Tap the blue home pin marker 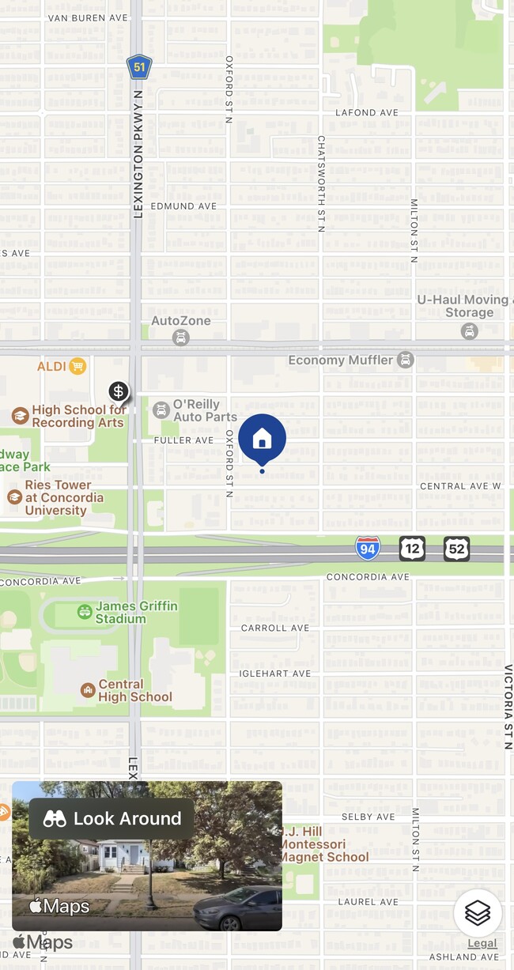(x=262, y=438)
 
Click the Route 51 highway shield (x=139, y=67)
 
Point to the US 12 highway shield (x=412, y=548)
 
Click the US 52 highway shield (x=456, y=548)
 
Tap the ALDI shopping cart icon (x=77, y=366)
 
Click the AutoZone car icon (x=181, y=338)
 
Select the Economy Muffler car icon (x=406, y=360)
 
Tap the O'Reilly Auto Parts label (x=205, y=410)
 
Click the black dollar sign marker (x=119, y=391)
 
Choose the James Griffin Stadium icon (x=85, y=612)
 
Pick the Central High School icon (x=88, y=691)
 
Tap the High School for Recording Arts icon (x=21, y=416)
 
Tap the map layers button (x=478, y=913)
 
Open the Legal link (x=482, y=943)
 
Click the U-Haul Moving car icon (x=470, y=332)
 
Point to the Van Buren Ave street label (x=87, y=17)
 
